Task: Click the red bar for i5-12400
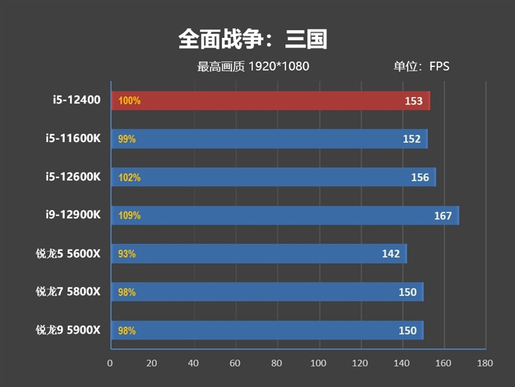(x=270, y=101)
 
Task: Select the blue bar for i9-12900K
(x=285, y=215)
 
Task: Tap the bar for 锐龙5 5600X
(x=259, y=253)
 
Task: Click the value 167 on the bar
(x=443, y=216)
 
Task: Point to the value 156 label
(x=420, y=177)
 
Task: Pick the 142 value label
(x=391, y=254)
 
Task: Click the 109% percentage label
(x=129, y=216)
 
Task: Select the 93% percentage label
(x=127, y=254)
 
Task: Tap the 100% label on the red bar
(x=129, y=101)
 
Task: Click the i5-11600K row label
(x=73, y=138)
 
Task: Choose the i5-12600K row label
(x=73, y=177)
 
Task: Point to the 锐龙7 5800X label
(x=68, y=292)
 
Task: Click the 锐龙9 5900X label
(x=68, y=330)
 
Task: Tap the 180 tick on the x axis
(x=485, y=363)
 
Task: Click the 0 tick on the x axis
(x=110, y=363)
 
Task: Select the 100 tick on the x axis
(x=319, y=363)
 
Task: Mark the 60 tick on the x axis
(x=235, y=363)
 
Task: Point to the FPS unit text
(x=440, y=66)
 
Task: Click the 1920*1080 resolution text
(x=279, y=66)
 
